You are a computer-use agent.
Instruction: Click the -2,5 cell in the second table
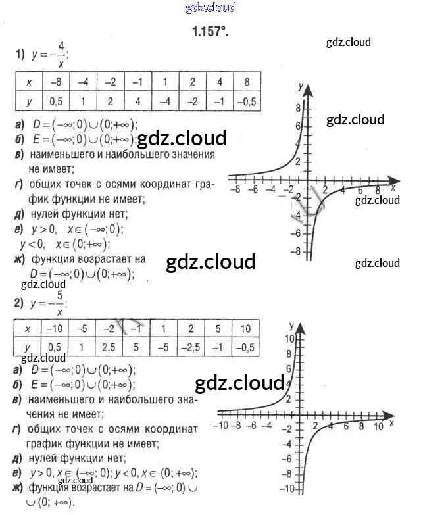[x=191, y=348]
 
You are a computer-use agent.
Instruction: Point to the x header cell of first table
[x=29, y=82]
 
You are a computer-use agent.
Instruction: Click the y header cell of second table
[x=28, y=348]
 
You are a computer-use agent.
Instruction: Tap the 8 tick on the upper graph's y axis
[x=297, y=108]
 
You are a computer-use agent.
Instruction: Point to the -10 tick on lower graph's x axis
[x=222, y=426]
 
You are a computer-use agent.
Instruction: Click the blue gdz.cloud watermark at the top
[x=210, y=8]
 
